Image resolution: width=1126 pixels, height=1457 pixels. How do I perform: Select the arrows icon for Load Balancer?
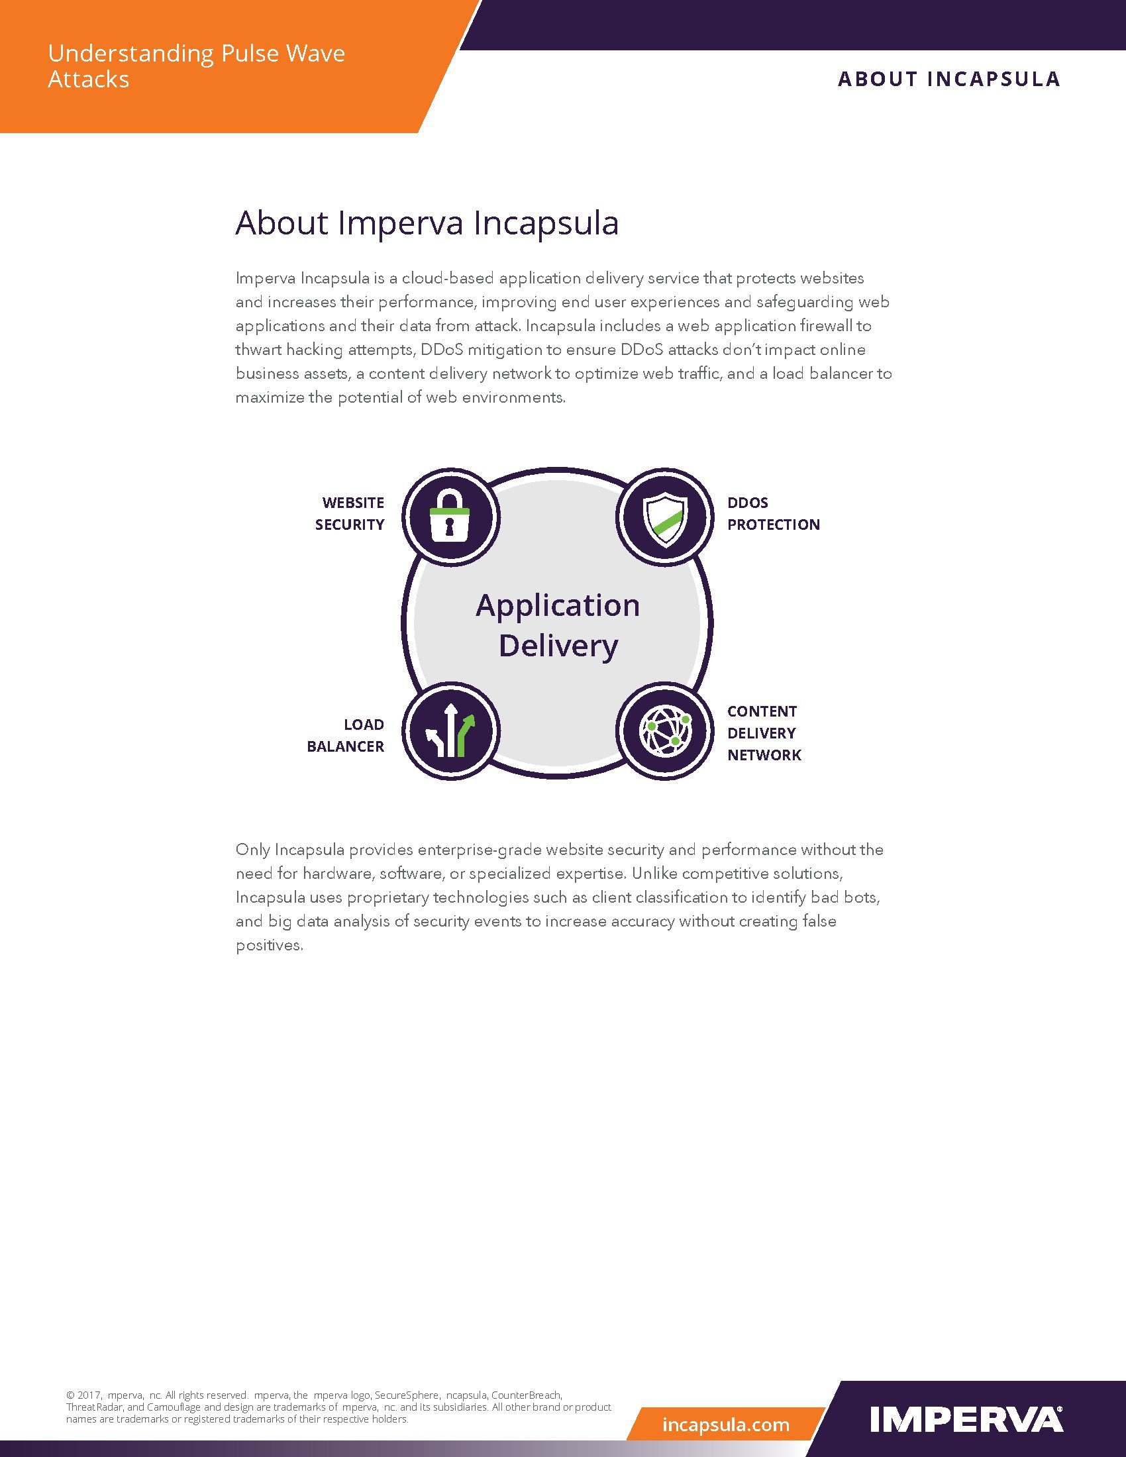click(x=450, y=730)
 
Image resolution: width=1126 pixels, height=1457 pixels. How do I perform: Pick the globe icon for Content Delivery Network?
click(x=664, y=730)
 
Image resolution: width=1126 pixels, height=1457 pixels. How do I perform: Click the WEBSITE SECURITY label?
click(x=350, y=514)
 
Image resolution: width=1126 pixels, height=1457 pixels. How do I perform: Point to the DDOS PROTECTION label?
click(x=773, y=514)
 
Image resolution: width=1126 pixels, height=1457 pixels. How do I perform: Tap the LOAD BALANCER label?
click(x=346, y=735)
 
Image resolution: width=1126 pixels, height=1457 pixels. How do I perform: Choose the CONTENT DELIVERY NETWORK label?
click(x=764, y=733)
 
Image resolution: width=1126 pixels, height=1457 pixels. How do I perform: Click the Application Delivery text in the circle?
click(x=558, y=626)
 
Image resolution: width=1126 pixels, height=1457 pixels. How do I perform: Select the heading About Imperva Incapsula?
click(x=427, y=223)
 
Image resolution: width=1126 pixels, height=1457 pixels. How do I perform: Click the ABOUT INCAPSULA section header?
click(x=948, y=79)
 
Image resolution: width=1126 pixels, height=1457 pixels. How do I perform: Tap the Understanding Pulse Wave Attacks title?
click(x=197, y=66)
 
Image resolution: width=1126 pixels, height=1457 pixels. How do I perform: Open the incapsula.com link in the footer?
click(x=726, y=1425)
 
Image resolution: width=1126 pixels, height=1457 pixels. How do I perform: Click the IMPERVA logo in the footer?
click(x=966, y=1420)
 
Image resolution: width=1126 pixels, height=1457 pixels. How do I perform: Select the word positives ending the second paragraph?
click(x=270, y=945)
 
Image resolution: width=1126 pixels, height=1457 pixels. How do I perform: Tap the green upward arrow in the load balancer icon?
click(x=465, y=735)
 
